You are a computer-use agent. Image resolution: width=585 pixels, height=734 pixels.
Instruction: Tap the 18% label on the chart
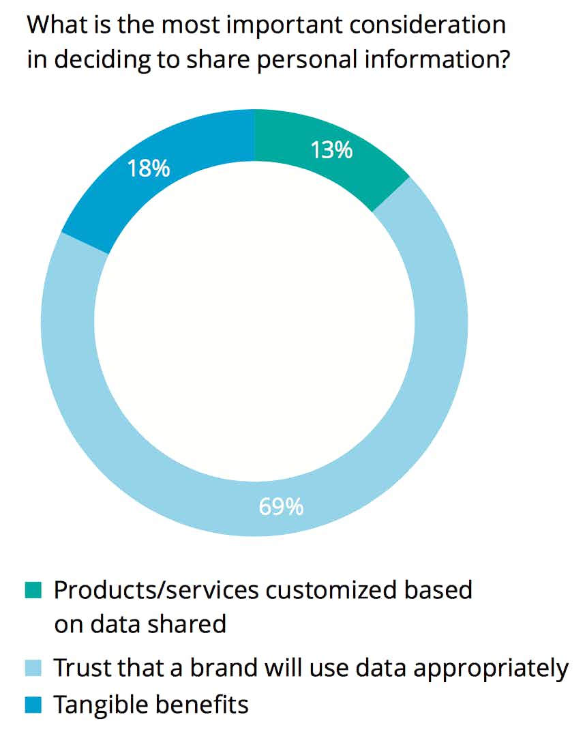coord(149,168)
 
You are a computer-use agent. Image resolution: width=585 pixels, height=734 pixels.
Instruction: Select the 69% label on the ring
coord(281,508)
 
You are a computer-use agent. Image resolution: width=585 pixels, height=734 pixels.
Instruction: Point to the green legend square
coord(33,589)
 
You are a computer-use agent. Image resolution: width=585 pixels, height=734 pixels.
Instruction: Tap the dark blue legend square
coord(33,703)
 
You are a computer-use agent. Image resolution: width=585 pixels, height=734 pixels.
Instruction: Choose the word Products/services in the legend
coord(155,589)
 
